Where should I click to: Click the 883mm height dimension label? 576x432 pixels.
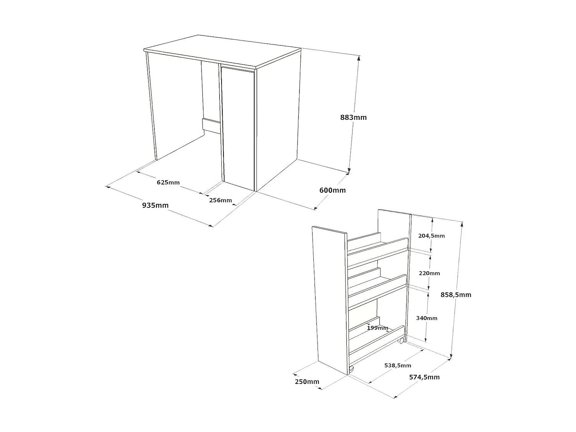(353, 118)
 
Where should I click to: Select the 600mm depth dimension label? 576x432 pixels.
(333, 190)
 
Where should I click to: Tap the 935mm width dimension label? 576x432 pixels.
(156, 205)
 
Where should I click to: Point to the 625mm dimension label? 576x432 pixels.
(168, 182)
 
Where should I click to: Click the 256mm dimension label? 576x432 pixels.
(220, 200)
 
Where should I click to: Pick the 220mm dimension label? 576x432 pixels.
(430, 273)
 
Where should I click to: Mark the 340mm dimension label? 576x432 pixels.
(427, 318)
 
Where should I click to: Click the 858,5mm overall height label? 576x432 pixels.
(456, 295)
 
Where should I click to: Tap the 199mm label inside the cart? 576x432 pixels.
(377, 328)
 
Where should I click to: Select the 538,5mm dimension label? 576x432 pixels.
(397, 366)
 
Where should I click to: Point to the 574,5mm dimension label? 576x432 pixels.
(424, 377)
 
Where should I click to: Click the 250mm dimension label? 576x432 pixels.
(307, 382)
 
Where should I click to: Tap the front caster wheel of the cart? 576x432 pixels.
(351, 369)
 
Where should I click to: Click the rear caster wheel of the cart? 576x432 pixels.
(401, 341)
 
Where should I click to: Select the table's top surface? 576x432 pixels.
(223, 50)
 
